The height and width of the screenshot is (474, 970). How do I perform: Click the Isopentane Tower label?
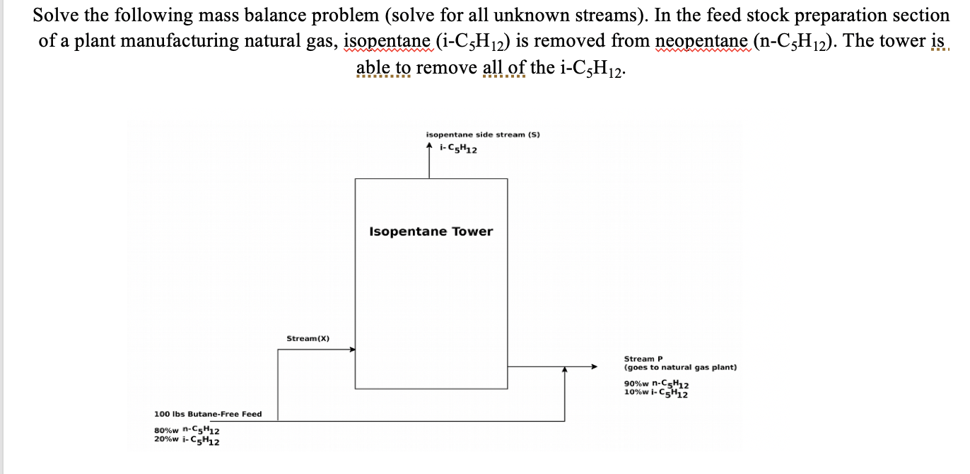pyautogui.click(x=431, y=231)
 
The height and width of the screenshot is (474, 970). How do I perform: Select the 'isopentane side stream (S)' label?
pyautogui.click(x=483, y=134)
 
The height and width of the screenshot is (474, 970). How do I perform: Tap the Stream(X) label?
pyautogui.click(x=308, y=339)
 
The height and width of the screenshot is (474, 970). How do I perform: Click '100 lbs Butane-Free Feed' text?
pyautogui.click(x=208, y=414)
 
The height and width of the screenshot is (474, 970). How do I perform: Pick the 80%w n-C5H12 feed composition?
pyautogui.click(x=187, y=430)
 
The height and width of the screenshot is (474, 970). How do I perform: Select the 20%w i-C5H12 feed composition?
pyautogui.click(x=187, y=441)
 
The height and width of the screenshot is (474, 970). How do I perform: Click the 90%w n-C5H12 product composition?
pyautogui.click(x=657, y=384)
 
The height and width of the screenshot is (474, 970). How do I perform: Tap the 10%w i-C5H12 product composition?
pyautogui.click(x=657, y=393)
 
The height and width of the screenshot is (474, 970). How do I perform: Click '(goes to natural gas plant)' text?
pyautogui.click(x=680, y=368)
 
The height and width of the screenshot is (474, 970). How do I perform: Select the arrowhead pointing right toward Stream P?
pyautogui.click(x=595, y=366)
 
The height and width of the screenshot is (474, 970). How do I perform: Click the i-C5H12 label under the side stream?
pyautogui.click(x=457, y=149)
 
